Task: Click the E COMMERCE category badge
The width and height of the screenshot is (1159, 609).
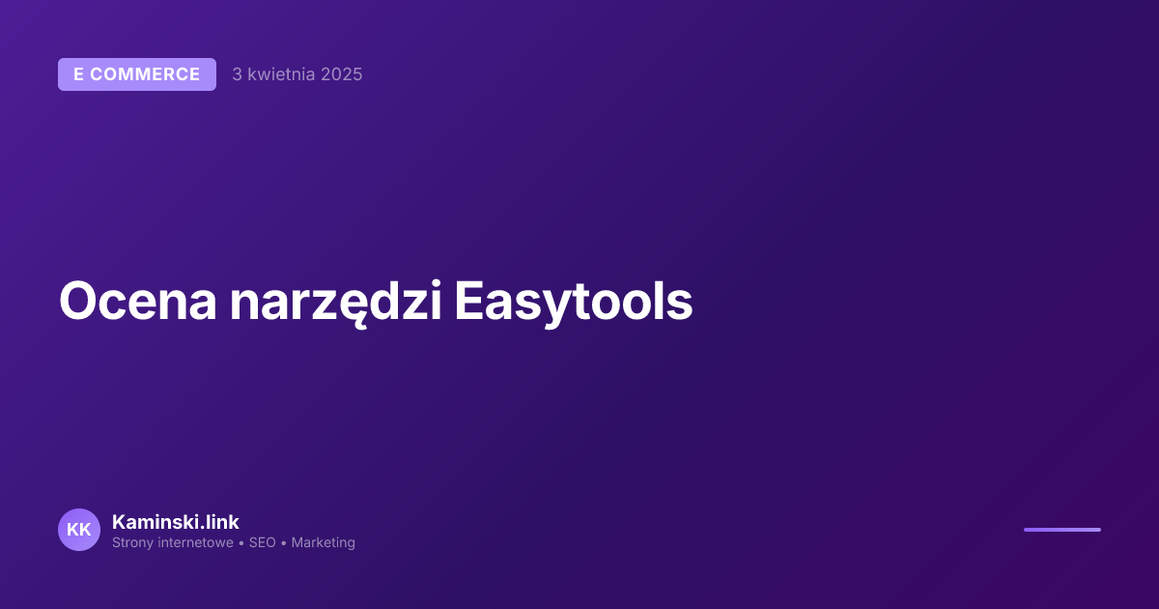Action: [x=136, y=74]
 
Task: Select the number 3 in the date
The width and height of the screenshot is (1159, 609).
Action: [x=237, y=74]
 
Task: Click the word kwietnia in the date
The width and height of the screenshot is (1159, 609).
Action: [x=281, y=74]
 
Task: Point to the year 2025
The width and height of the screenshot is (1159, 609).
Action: [x=341, y=74]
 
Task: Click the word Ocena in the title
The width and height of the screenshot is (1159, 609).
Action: [x=137, y=302]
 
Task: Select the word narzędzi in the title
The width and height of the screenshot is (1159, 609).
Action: [x=336, y=302]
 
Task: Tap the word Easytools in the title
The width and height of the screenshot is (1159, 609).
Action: [x=574, y=302]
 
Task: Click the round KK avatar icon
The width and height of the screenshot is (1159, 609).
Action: [x=79, y=530]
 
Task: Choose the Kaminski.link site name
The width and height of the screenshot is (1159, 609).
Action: [x=176, y=522]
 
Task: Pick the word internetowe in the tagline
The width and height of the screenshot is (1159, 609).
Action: [x=197, y=543]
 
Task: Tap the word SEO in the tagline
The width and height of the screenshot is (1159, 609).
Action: [x=262, y=543]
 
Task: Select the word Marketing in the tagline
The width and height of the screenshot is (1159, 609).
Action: [x=324, y=543]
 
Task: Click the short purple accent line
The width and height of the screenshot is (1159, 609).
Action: [x=1061, y=530]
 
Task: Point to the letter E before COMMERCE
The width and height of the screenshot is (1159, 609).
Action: [x=79, y=74]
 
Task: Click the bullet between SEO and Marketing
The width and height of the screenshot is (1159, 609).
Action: [x=284, y=543]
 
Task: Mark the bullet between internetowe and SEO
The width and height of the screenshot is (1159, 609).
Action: [x=241, y=543]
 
